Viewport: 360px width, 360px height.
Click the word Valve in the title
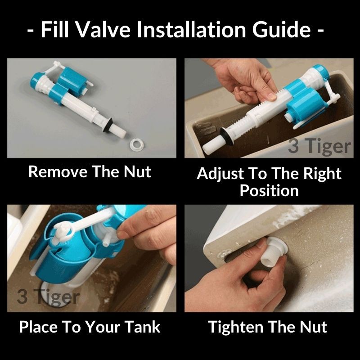tap(103, 30)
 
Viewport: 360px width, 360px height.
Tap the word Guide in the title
tap(282, 30)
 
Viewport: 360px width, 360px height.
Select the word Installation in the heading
tap(191, 30)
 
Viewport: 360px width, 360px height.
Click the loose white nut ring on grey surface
tap(137, 145)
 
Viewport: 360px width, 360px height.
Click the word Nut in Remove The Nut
tap(137, 172)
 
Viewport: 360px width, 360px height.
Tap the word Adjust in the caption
tap(220, 174)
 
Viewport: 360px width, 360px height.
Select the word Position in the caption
tap(269, 190)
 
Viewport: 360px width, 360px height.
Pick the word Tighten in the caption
tap(235, 327)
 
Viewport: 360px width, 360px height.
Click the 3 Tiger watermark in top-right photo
tap(319, 146)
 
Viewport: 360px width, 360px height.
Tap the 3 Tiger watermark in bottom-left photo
tap(48, 297)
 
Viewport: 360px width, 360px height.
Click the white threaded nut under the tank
tap(274, 251)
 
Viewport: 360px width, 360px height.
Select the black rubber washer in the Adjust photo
tap(227, 137)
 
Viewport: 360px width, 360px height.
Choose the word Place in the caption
tap(38, 327)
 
